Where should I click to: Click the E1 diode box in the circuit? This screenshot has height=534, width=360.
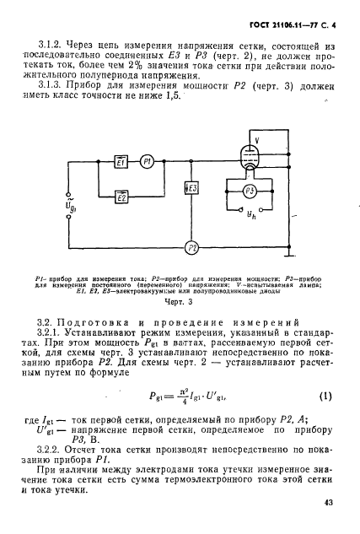[122, 161]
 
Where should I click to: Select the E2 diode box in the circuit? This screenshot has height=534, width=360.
[122, 197]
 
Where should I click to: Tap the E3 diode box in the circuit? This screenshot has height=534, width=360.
[193, 187]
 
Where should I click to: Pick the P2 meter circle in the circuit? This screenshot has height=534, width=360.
[193, 247]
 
